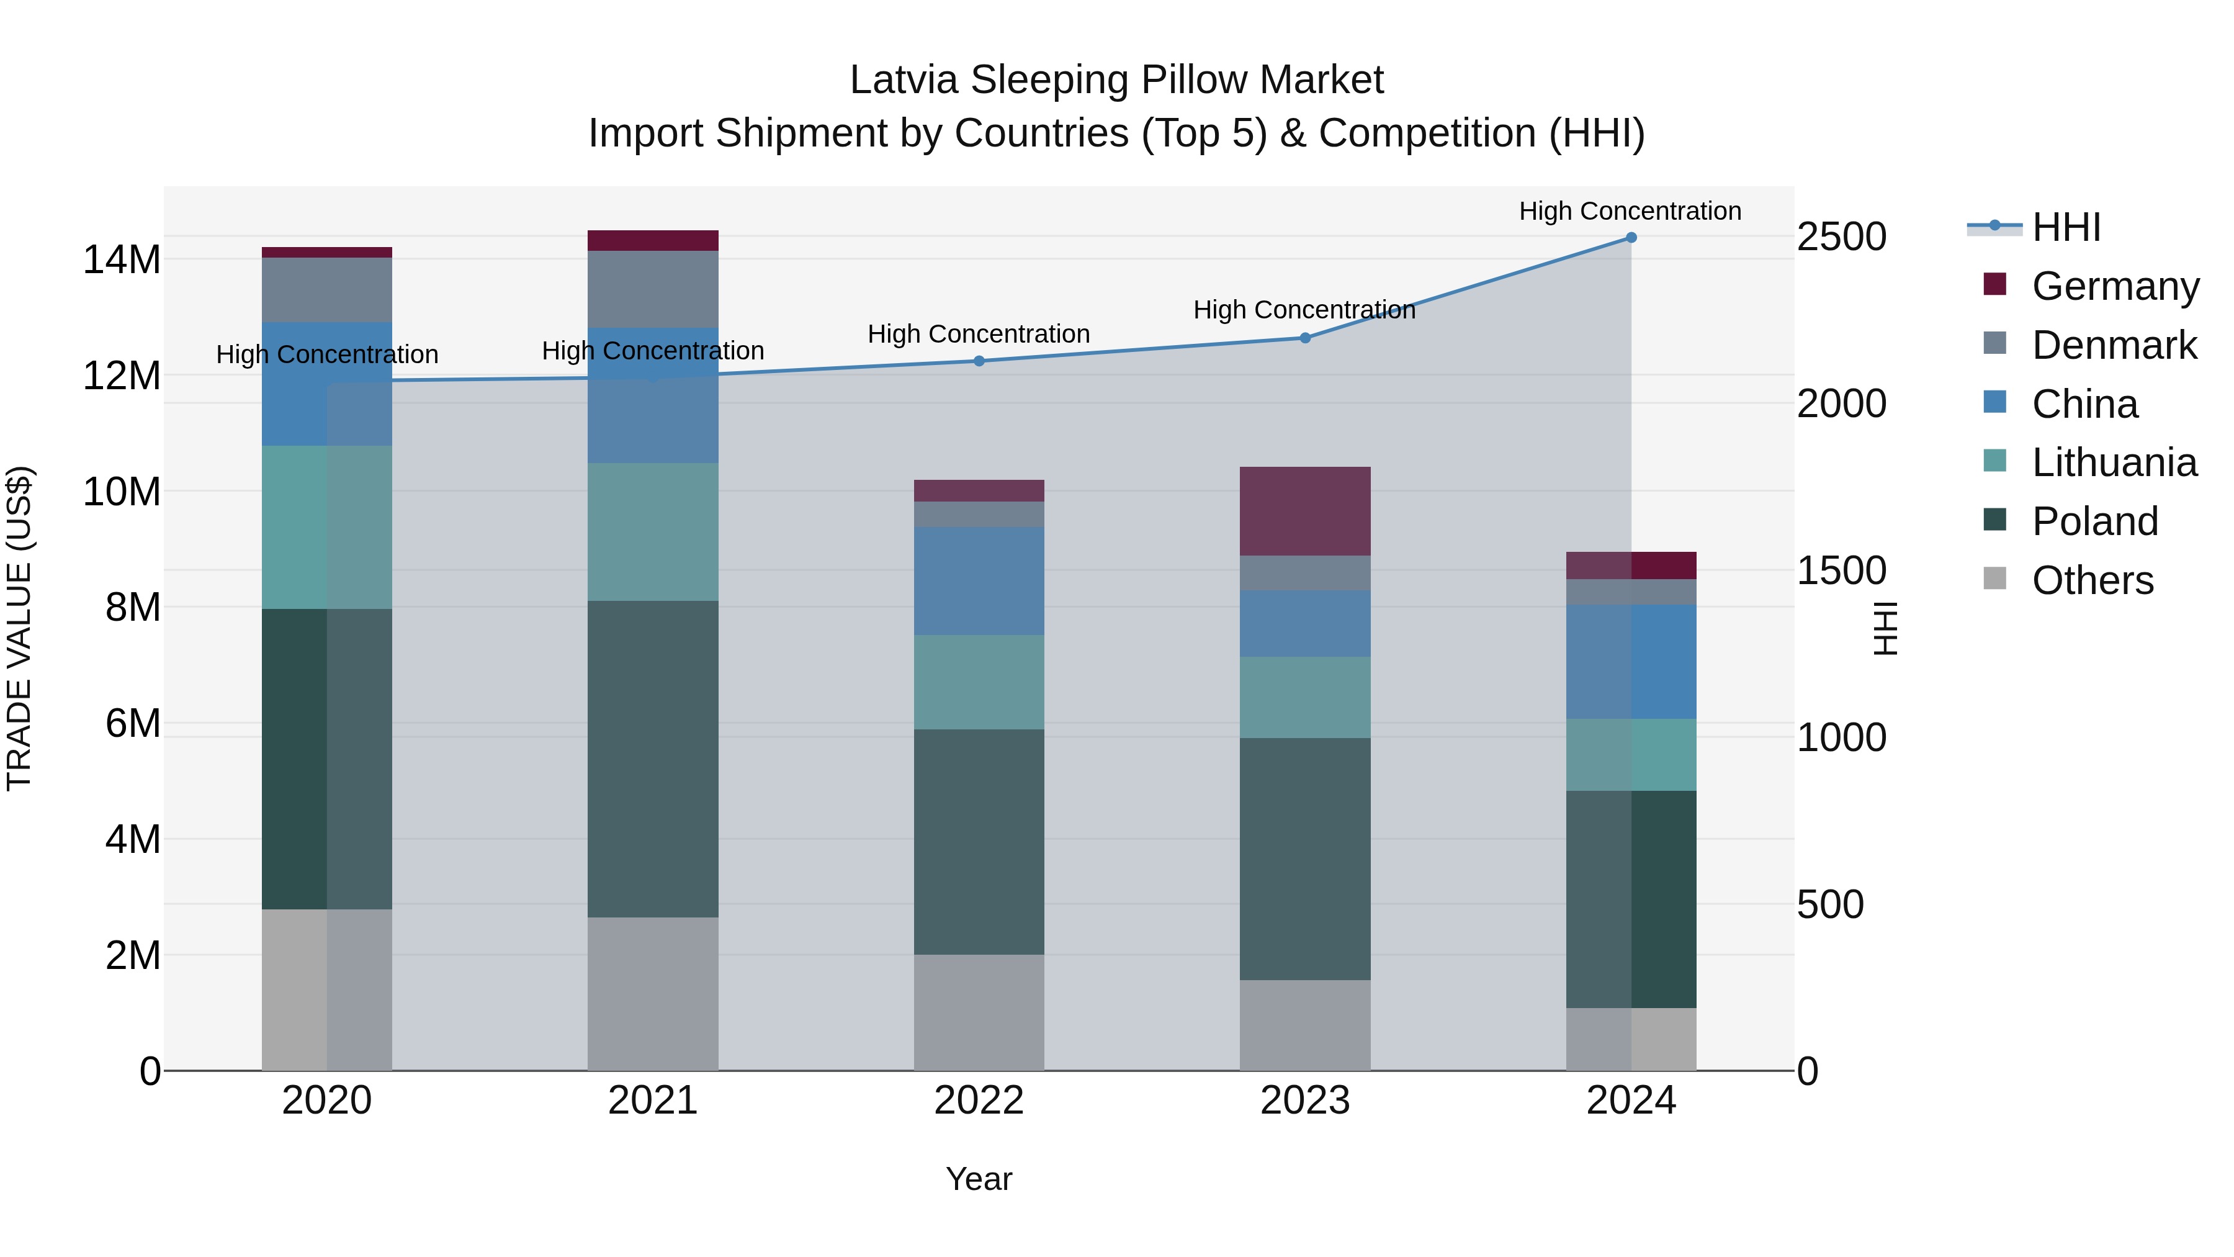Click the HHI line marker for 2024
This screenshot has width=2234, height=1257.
coord(1630,238)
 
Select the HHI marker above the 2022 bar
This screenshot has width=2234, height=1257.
coord(979,361)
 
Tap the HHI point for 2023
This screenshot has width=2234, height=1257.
coord(1304,338)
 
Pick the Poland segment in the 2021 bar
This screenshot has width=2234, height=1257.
coord(653,759)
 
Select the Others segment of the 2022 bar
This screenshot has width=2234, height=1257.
coord(979,1012)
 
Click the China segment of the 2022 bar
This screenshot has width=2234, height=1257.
coord(979,581)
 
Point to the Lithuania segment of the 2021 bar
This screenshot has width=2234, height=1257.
coord(653,532)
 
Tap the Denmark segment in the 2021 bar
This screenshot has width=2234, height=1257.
coord(653,289)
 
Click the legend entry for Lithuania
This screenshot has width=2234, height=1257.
coord(2114,462)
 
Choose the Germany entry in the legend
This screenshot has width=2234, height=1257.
coord(2114,286)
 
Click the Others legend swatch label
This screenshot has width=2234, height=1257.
coord(2092,580)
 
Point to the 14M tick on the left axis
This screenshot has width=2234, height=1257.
coord(122,260)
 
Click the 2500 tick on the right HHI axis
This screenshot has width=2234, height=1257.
coord(1841,237)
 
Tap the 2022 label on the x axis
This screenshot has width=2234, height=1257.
coord(979,1101)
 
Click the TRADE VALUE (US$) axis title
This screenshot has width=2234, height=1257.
coord(20,628)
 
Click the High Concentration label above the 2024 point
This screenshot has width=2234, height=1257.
coord(1630,211)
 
